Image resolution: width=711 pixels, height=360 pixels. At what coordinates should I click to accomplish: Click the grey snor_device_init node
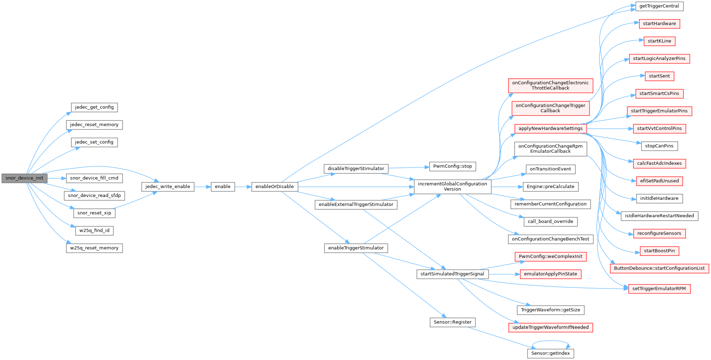pos(24,178)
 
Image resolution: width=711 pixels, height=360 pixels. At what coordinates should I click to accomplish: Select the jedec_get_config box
pos(94,107)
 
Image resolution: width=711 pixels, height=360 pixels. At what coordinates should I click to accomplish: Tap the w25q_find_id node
pos(94,230)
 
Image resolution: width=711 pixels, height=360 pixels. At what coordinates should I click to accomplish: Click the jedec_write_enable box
pos(168,186)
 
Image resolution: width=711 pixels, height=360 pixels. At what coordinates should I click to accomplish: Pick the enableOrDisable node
pos(275,186)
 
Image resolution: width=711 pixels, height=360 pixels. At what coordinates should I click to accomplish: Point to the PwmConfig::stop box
pos(452,166)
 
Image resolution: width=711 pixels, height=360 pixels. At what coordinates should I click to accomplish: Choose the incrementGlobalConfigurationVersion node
pos(452,186)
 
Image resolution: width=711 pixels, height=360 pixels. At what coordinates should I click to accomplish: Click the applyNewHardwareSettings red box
pos(550,128)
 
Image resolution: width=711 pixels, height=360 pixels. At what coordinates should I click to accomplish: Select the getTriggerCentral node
pos(659,6)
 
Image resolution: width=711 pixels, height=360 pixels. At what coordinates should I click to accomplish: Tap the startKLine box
pos(659,41)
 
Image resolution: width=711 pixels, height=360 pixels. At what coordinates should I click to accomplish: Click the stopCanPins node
pos(659,146)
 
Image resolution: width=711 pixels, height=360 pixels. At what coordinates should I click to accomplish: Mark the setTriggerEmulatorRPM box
pos(659,288)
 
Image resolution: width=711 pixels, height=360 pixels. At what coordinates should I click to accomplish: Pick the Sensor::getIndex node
pos(550,353)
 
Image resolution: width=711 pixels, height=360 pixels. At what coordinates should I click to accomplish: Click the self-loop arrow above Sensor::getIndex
pos(551,342)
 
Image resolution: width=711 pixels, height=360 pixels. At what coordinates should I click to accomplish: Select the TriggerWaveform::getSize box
pos(550,310)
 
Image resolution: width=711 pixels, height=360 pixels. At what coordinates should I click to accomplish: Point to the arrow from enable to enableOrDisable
pos(243,186)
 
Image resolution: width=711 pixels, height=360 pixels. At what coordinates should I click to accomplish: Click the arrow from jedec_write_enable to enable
pos(202,186)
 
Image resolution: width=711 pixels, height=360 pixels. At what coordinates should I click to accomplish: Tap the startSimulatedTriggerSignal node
pos(452,274)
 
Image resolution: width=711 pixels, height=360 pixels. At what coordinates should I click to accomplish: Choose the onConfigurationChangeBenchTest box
pos(550,239)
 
